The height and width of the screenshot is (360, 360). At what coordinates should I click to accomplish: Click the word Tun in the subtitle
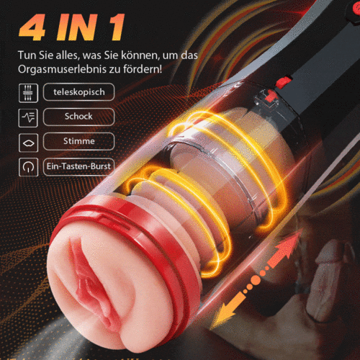pos(30,57)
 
